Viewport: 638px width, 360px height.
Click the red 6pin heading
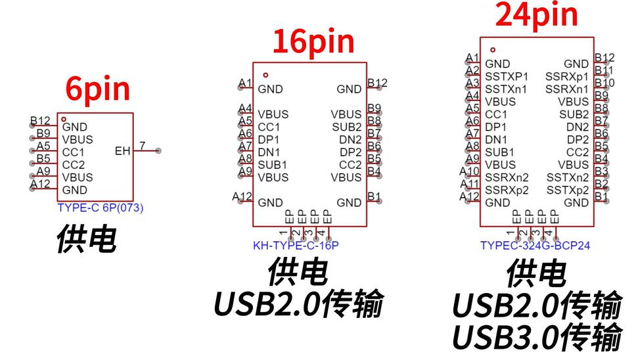97,89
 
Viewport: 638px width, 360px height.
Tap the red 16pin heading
313,41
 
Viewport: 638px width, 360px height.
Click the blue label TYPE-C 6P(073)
101,208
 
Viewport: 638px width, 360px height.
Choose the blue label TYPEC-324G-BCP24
535,246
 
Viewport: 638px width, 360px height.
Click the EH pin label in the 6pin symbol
123,151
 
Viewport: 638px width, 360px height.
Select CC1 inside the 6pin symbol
74,152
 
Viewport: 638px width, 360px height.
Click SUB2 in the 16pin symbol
346,127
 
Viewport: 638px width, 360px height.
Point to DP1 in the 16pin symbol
269,139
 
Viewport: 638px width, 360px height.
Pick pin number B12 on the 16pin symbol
377,83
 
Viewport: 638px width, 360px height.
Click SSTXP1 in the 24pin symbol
506,76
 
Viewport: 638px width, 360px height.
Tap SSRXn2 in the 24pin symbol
507,177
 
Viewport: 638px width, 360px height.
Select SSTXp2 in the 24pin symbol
568,190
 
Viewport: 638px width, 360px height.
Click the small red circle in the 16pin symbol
265,75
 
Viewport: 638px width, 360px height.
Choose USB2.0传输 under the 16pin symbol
298,304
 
